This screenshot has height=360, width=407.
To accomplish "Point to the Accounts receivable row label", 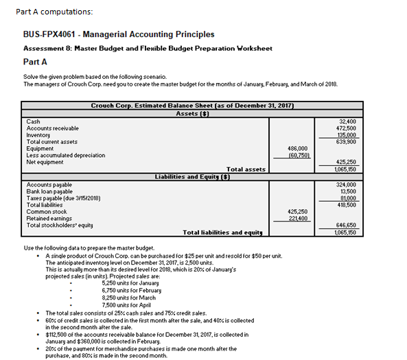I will (x=52, y=128).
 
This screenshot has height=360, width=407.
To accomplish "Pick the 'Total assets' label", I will (x=246, y=169).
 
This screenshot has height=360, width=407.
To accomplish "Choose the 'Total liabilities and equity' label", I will (x=222, y=232).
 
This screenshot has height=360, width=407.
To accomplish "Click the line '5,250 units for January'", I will (x=130, y=283).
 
